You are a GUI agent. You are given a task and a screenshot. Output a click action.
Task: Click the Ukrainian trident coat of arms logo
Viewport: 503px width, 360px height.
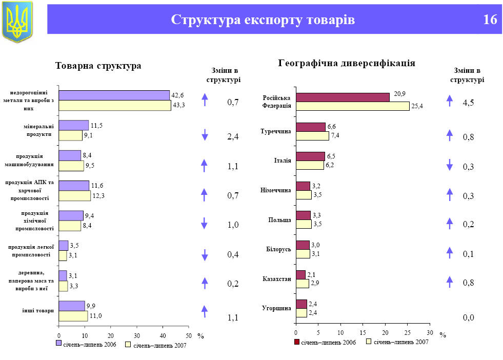click(x=17, y=22)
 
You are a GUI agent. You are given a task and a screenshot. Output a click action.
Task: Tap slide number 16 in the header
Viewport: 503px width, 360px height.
click(x=490, y=20)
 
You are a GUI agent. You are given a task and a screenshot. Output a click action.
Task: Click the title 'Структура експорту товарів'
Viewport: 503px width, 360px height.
click(x=263, y=20)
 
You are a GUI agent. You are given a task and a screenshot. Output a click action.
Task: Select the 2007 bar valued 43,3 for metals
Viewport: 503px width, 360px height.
click(x=115, y=106)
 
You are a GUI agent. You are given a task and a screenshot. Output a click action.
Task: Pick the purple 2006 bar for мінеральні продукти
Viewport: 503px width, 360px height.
click(x=73, y=125)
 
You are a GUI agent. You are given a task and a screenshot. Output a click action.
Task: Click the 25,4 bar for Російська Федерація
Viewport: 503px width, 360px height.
click(x=352, y=106)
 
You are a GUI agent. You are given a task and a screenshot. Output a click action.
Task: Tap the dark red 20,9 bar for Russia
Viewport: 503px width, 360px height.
click(x=343, y=97)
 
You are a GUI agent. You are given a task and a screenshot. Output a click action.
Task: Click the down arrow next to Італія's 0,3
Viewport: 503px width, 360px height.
click(x=450, y=165)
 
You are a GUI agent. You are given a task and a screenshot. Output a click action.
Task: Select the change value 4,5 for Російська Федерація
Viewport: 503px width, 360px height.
click(x=468, y=103)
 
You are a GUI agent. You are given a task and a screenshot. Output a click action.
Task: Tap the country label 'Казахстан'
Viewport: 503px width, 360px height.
click(x=276, y=279)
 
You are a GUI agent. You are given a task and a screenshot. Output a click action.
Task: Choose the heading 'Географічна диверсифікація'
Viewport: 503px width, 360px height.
click(x=347, y=63)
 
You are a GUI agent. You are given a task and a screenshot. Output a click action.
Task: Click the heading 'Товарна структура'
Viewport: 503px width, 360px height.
click(x=98, y=66)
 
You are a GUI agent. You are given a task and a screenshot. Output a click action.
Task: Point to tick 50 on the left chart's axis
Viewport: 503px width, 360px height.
click(x=189, y=335)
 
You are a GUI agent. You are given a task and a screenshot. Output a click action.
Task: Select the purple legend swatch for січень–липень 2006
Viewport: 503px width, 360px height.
click(x=58, y=343)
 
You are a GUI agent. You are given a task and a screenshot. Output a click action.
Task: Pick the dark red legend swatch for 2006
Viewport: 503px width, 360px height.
click(x=296, y=342)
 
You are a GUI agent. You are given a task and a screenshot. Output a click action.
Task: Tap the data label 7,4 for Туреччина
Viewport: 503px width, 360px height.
click(x=335, y=135)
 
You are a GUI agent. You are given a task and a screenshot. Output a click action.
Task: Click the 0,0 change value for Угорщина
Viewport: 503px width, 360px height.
click(x=468, y=318)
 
